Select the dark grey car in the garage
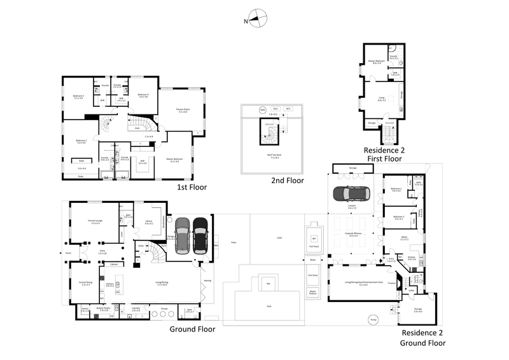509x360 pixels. click(x=183, y=235)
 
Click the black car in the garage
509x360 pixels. click(x=200, y=235)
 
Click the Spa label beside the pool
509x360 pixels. click(x=268, y=282)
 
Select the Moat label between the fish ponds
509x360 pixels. click(x=312, y=260)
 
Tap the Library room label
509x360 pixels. click(x=150, y=222)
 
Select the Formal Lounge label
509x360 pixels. click(x=96, y=222)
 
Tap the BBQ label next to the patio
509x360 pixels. click(x=217, y=244)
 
